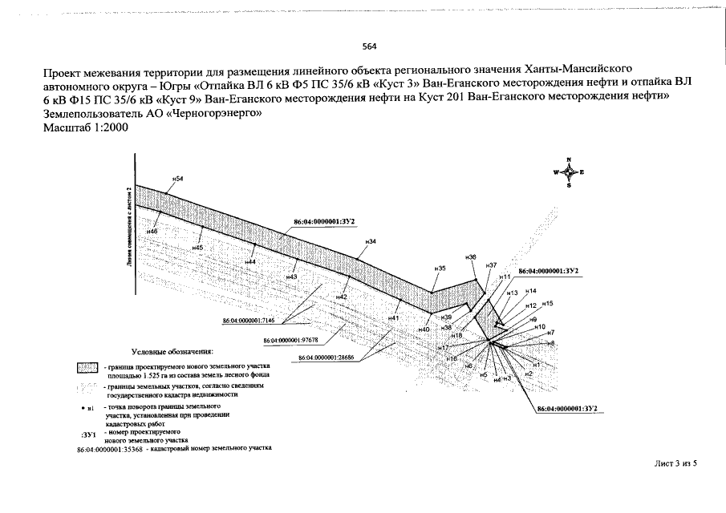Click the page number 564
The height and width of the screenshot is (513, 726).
(x=369, y=46)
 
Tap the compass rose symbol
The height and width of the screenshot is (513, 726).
(x=569, y=172)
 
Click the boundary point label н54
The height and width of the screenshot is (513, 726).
(x=178, y=178)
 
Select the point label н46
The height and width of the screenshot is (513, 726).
(x=152, y=231)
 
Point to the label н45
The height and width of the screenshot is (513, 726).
(x=197, y=248)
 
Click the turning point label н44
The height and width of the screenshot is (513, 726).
(x=250, y=262)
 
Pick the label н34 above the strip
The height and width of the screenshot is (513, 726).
(x=371, y=241)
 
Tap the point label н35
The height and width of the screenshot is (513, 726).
(x=440, y=269)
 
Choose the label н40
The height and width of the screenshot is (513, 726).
(x=424, y=329)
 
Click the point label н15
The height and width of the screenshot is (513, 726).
(x=548, y=304)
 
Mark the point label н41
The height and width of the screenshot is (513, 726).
(x=393, y=318)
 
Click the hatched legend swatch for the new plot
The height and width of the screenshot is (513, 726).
(x=88, y=368)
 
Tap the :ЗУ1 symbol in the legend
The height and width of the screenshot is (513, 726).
(x=89, y=434)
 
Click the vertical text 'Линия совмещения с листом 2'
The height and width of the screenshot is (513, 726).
(x=129, y=228)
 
